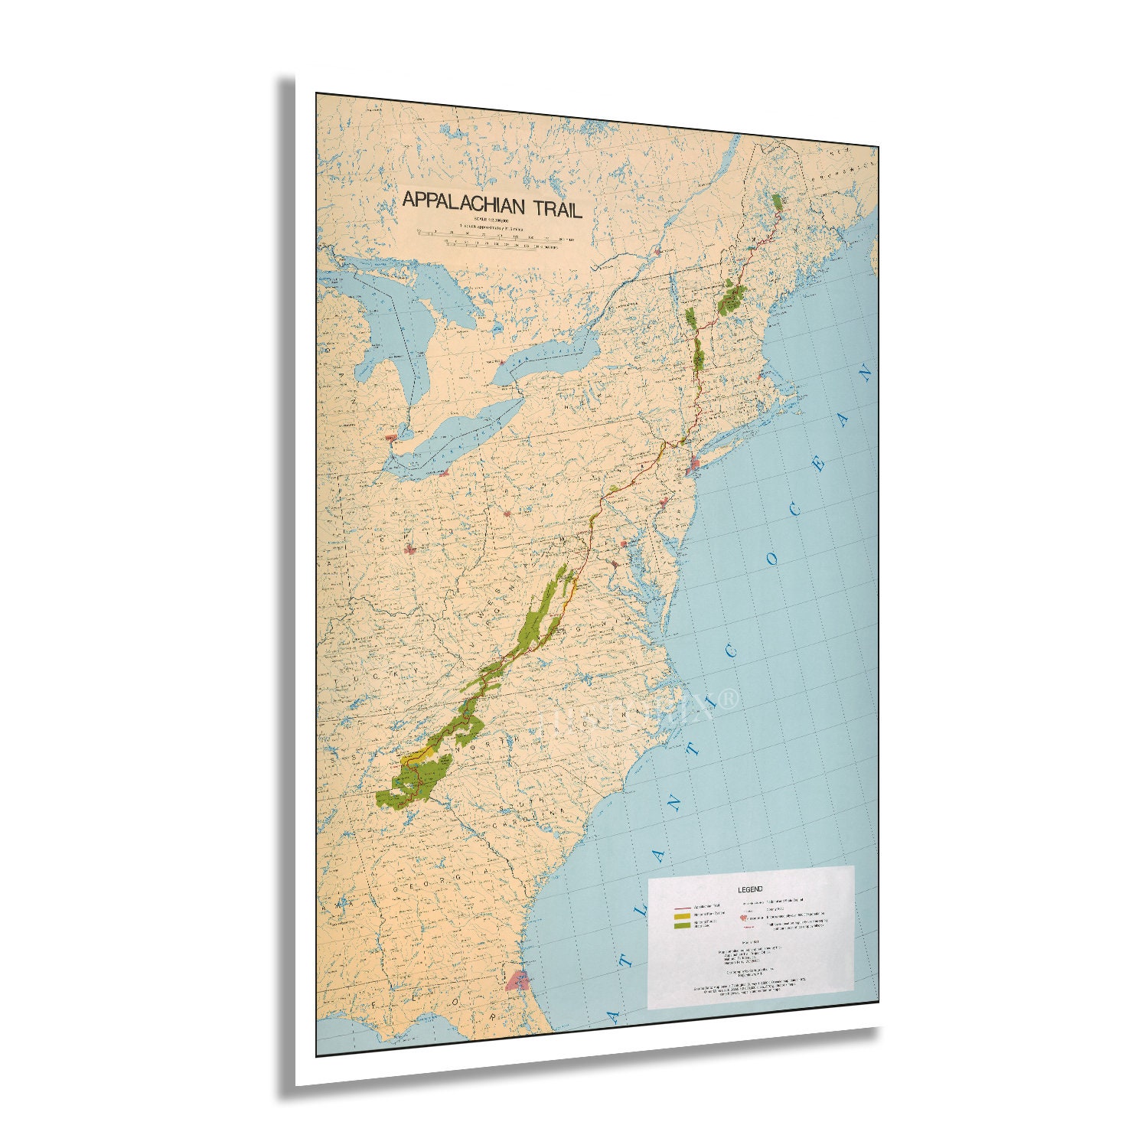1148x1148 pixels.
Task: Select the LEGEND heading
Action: coord(749,889)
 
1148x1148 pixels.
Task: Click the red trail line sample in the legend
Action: coord(681,907)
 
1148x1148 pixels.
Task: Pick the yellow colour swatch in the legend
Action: coord(681,915)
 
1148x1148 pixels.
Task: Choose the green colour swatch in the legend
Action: coord(681,925)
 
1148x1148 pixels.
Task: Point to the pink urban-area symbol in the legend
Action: coord(743,916)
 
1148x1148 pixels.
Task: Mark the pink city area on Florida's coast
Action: coord(519,980)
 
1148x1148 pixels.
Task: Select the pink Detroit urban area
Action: coord(392,439)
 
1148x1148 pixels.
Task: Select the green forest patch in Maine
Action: coord(778,201)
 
